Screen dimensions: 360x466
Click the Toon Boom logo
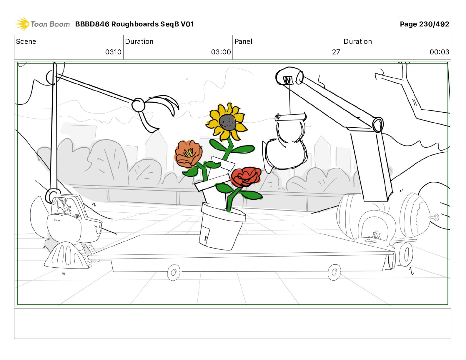[x=43, y=24]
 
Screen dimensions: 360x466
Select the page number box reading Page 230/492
[x=424, y=24]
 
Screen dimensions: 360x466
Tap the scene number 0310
[x=113, y=52]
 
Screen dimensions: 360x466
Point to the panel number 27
[x=336, y=52]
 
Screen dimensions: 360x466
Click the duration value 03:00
[x=221, y=52]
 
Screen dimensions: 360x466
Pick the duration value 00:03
[x=439, y=52]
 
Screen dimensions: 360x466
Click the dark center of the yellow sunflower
[x=228, y=122]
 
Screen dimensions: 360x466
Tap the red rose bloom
[x=246, y=176]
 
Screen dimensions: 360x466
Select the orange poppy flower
[x=188, y=154]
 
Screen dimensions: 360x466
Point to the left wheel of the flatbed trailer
[x=174, y=272]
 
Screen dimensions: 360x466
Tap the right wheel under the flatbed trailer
[x=334, y=272]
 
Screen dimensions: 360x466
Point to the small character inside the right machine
[x=375, y=234]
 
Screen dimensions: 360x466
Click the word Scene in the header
[x=26, y=41]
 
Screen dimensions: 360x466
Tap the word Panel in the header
[x=243, y=41]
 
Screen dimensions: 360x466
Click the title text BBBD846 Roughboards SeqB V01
[x=134, y=24]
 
